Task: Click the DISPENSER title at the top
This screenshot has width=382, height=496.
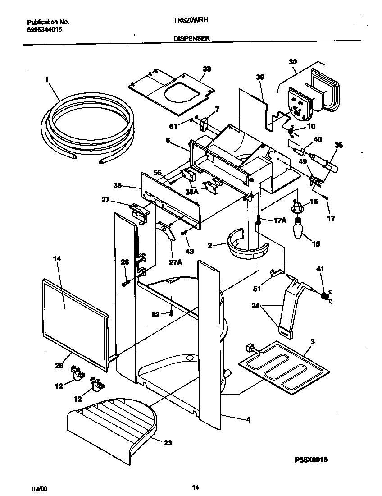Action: pyautogui.click(x=191, y=39)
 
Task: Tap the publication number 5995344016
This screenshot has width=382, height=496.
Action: pyautogui.click(x=45, y=29)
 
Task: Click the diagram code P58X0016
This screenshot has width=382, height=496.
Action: pyautogui.click(x=311, y=459)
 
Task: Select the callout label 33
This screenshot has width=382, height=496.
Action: pyautogui.click(x=207, y=69)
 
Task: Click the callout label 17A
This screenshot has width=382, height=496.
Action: pyautogui.click(x=280, y=220)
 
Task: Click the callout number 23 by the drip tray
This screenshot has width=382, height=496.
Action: pyautogui.click(x=168, y=443)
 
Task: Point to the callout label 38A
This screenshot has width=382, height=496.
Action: pyautogui.click(x=192, y=192)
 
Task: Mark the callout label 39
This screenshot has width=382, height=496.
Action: pyautogui.click(x=260, y=77)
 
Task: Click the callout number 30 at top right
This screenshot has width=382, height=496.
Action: pyautogui.click(x=293, y=62)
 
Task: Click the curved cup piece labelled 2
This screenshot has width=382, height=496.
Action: pyautogui.click(x=247, y=248)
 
